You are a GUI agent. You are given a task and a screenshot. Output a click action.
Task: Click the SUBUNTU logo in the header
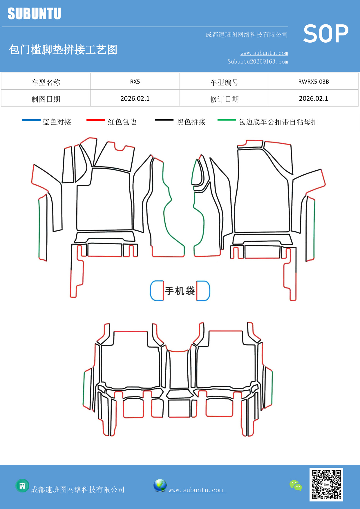click(34, 14)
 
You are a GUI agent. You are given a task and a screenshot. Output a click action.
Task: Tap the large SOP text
click(326, 34)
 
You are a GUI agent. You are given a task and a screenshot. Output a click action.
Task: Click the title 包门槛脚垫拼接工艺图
click(63, 50)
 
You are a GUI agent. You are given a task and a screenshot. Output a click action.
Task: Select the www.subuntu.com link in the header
click(264, 53)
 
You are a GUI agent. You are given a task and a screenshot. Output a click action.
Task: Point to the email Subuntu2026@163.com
click(258, 62)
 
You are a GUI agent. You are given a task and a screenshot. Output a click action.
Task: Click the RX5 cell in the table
click(135, 82)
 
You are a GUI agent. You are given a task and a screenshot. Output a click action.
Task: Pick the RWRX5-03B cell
click(313, 82)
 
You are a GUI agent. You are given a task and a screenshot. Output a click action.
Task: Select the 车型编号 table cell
click(224, 82)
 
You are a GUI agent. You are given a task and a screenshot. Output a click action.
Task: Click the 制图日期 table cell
click(46, 99)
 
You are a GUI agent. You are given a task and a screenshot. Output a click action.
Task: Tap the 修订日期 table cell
click(224, 99)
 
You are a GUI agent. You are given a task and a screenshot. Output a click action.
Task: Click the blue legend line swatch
click(31, 120)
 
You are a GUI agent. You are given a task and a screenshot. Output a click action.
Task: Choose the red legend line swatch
click(95, 120)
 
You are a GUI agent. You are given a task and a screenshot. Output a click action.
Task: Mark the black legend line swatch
click(164, 120)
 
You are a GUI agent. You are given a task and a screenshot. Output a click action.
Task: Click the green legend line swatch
click(227, 120)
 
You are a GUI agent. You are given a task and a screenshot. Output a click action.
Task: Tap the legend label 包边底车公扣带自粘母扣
click(278, 122)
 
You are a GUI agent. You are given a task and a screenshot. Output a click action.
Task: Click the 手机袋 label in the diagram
click(180, 291)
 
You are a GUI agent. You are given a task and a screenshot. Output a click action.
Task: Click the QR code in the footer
click(326, 484)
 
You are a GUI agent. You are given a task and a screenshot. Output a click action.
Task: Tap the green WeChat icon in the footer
click(296, 485)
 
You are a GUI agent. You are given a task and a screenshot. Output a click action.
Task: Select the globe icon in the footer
click(160, 485)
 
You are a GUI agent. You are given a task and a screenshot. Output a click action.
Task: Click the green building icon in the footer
click(22, 485)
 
